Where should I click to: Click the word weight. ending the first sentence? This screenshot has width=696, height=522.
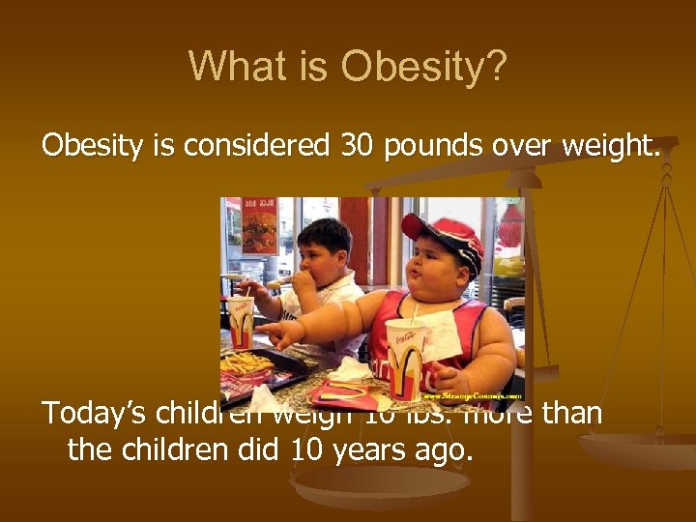(612, 147)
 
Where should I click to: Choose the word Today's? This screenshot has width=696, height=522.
(93, 415)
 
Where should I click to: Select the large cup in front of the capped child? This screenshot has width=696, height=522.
(404, 358)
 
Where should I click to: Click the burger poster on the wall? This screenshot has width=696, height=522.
(259, 232)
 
